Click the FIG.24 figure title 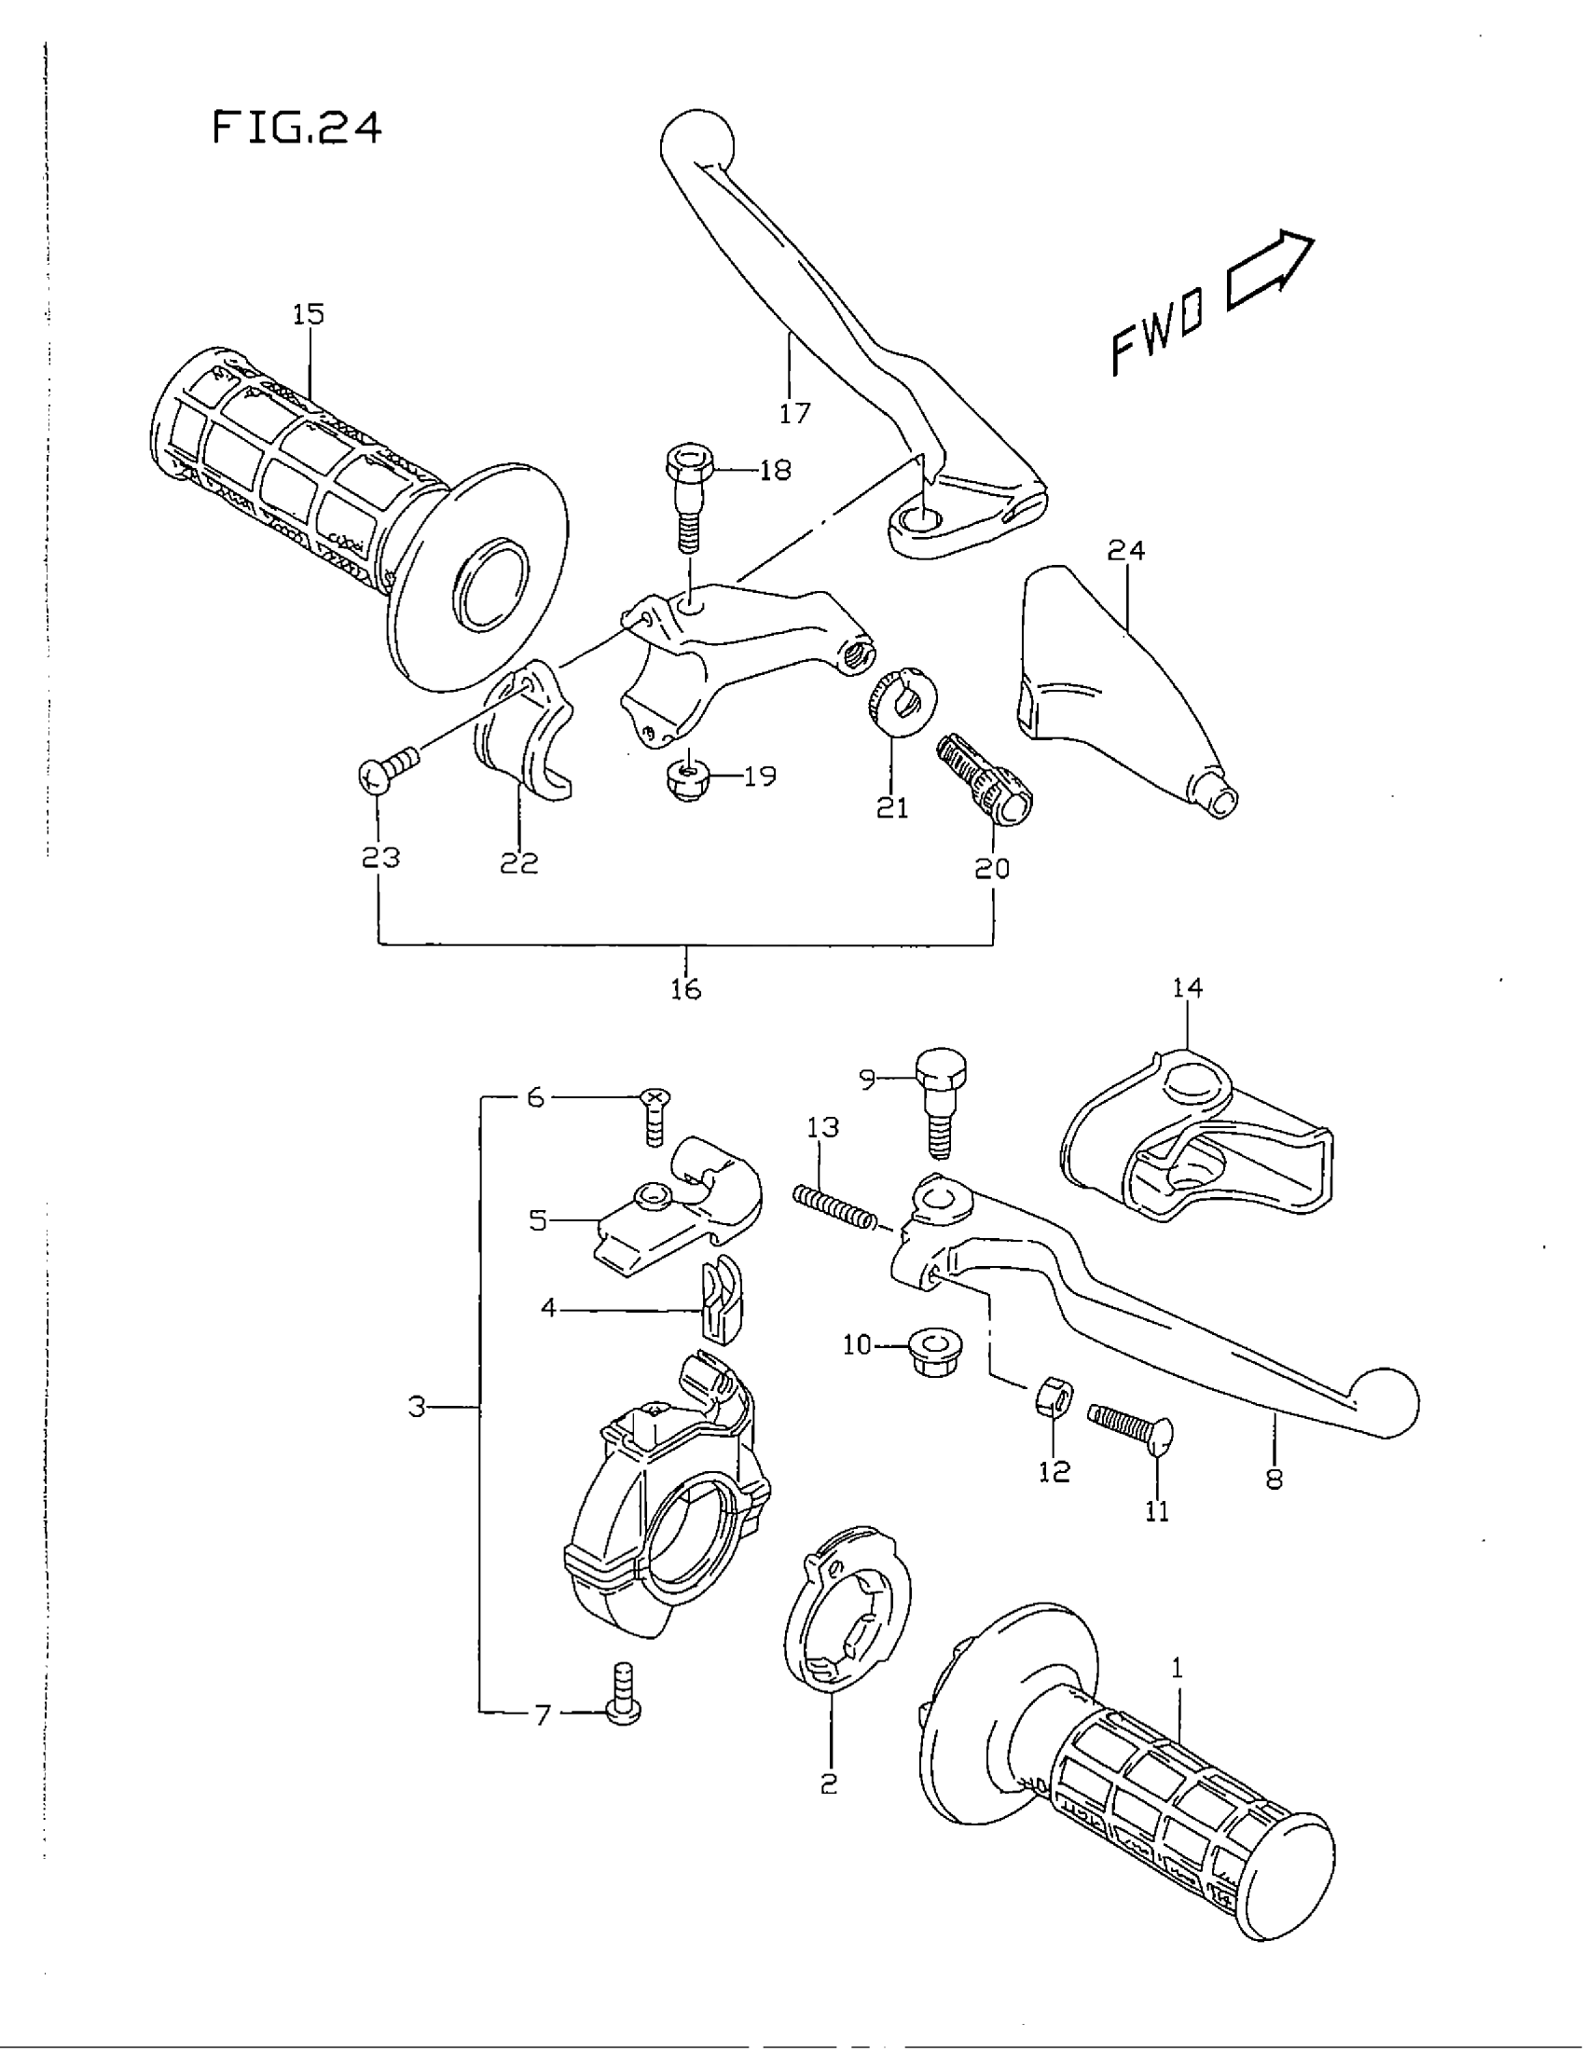click(x=296, y=128)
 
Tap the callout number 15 click(x=308, y=313)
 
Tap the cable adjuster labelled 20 click(x=985, y=778)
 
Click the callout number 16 click(x=686, y=988)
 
